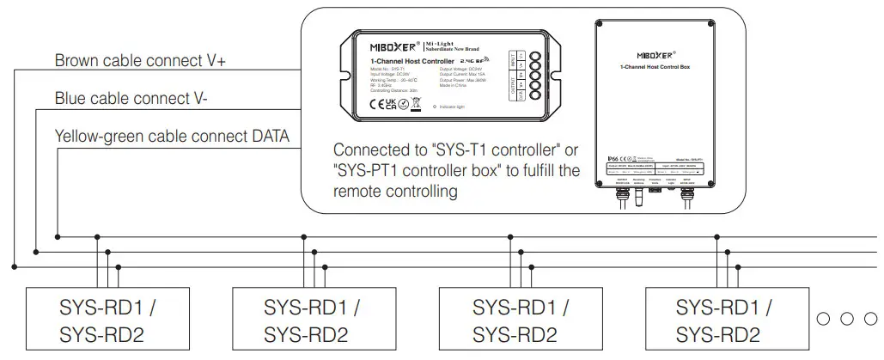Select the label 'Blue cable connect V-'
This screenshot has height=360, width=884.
coord(131,99)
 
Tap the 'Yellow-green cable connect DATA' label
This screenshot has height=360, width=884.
coord(172,136)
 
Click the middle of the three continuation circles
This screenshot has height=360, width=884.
coord(848,319)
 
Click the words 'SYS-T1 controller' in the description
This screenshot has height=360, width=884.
coord(492,149)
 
